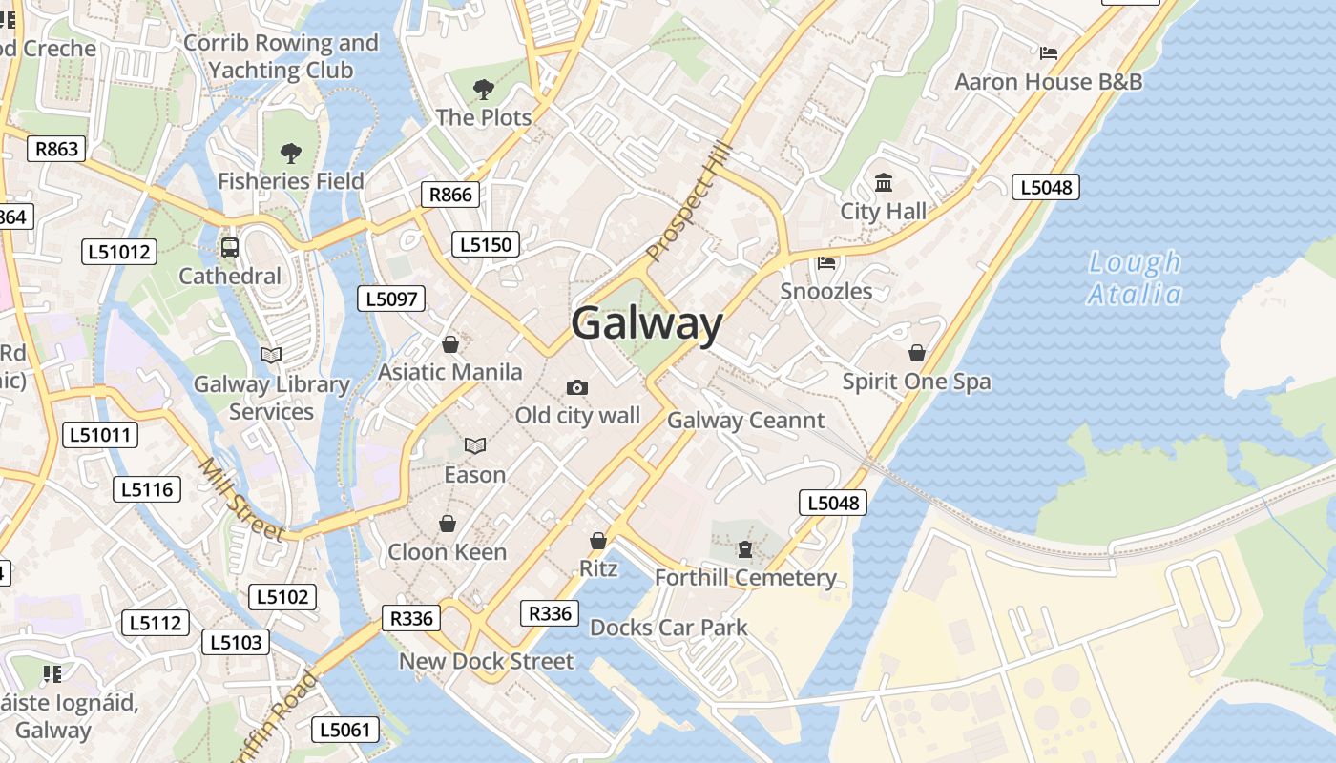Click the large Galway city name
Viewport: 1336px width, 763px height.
coord(647,323)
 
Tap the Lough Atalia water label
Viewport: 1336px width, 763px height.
coord(1135,278)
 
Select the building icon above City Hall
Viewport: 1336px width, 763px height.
coord(884,183)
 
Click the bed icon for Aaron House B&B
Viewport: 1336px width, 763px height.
coord(1049,53)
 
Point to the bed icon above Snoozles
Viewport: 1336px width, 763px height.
coord(826,262)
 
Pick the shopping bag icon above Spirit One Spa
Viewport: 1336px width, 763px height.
coord(917,353)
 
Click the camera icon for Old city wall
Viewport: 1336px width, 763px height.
coord(576,387)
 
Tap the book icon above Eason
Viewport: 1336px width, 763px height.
coord(475,445)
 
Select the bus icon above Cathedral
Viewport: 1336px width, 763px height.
coord(230,248)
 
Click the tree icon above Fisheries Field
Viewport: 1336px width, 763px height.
coord(291,153)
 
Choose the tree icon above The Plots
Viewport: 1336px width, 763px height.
coord(484,90)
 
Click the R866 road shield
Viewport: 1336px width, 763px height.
coord(450,195)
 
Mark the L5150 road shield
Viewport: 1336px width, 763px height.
coord(486,245)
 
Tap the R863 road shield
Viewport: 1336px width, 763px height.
coord(56,148)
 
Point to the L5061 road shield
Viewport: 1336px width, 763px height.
coord(345,731)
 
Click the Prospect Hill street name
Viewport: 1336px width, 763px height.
coord(689,201)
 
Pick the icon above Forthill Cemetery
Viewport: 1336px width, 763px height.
coord(745,549)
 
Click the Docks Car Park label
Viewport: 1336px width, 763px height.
coord(669,628)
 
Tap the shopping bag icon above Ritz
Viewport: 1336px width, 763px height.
coord(598,541)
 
